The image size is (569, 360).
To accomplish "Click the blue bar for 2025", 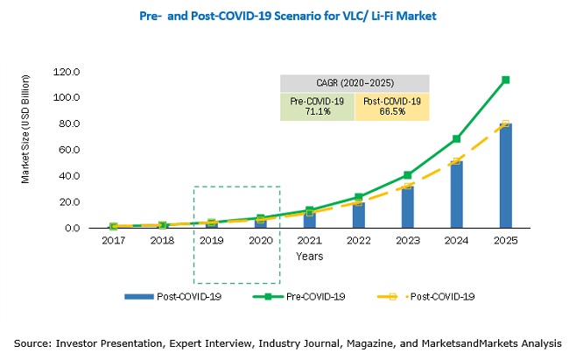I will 506,176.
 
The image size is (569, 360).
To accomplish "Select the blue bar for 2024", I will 457,194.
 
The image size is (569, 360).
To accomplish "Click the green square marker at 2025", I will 506,80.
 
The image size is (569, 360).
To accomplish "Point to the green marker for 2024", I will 457,138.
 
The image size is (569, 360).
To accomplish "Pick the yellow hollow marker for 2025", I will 506,124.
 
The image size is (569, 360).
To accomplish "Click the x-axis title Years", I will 309,257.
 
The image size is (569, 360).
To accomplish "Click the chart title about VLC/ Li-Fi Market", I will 289,16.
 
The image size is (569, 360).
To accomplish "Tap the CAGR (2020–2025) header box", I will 355,84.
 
